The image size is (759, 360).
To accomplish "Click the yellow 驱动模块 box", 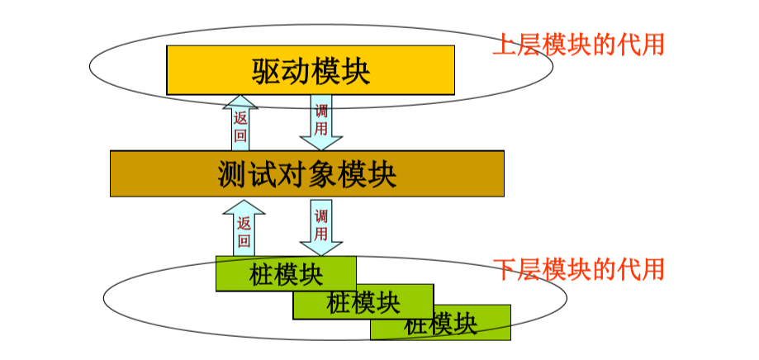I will point(311,70).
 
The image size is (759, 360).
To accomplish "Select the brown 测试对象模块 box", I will point(307,173).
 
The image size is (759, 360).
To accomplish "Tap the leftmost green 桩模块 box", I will point(286,273).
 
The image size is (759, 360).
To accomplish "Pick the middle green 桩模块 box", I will point(363,302).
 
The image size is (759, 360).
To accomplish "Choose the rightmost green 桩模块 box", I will point(441,323).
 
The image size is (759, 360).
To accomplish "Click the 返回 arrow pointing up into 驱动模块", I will point(240,124).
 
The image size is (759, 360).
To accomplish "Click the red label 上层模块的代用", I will point(578,44).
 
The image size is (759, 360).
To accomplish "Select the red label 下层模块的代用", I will point(578,269).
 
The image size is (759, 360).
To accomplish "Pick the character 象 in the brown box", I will point(322,174).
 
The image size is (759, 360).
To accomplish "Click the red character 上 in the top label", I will point(504,44).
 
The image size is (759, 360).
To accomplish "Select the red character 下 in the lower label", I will point(504,269).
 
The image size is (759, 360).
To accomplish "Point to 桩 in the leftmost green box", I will point(261,273).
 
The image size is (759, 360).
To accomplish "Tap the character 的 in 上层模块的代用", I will point(604,44).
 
